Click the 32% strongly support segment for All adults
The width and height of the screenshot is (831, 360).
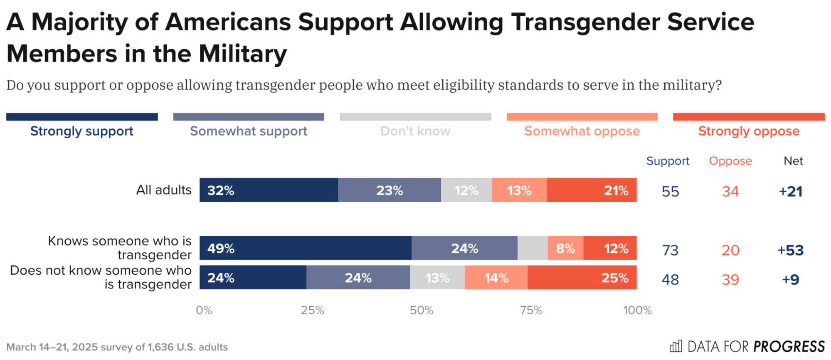point(269,190)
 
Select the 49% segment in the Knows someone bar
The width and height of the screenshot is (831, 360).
point(306,248)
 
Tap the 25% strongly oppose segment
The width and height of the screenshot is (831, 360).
point(582,278)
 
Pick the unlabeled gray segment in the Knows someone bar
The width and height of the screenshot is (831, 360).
point(533,248)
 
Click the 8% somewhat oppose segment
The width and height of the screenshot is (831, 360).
point(565,248)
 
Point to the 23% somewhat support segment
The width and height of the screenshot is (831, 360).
point(390,190)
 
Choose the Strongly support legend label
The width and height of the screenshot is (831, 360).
point(82,131)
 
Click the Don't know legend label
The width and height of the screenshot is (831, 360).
point(415,131)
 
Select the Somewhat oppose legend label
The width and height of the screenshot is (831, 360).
point(582,131)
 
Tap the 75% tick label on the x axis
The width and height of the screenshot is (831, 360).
point(531,310)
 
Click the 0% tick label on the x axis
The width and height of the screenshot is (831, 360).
point(204,310)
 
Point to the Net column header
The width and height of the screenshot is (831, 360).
point(793,161)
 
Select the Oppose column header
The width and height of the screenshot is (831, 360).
point(730,161)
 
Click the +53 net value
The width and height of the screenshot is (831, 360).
point(791,250)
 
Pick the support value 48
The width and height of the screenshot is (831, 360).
point(670,280)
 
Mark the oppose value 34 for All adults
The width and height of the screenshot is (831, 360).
point(730,192)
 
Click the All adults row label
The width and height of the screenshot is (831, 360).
point(164,190)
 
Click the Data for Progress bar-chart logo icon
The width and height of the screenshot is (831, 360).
point(676,346)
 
